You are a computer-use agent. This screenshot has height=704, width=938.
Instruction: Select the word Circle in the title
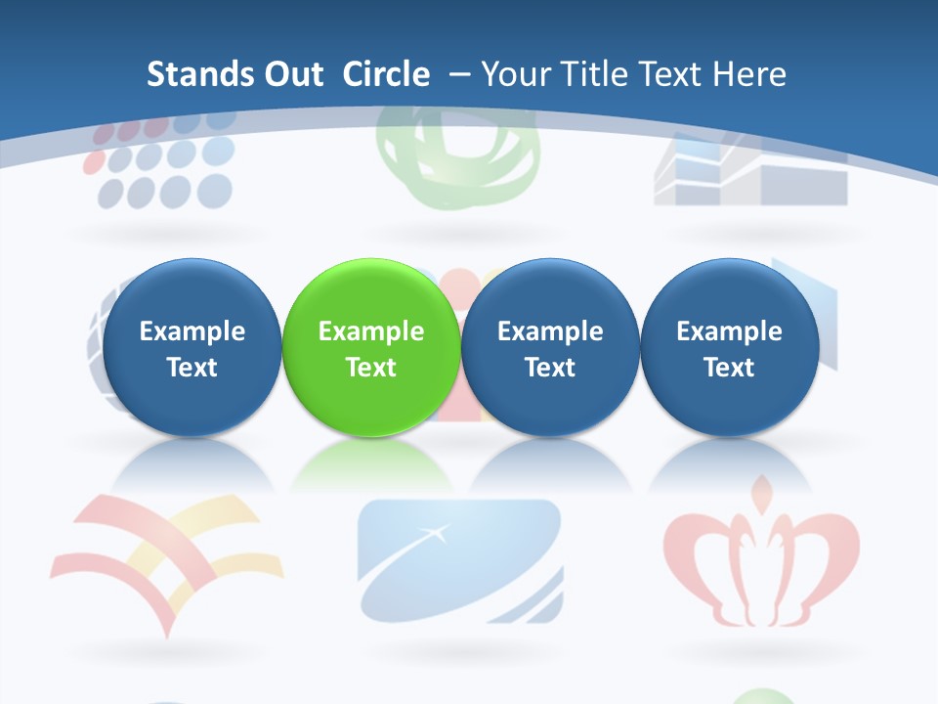386,74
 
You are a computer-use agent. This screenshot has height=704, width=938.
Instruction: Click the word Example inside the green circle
371,331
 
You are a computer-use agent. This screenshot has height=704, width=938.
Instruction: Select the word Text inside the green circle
371,368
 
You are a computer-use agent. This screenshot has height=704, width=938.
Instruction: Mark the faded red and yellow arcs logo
166,557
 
